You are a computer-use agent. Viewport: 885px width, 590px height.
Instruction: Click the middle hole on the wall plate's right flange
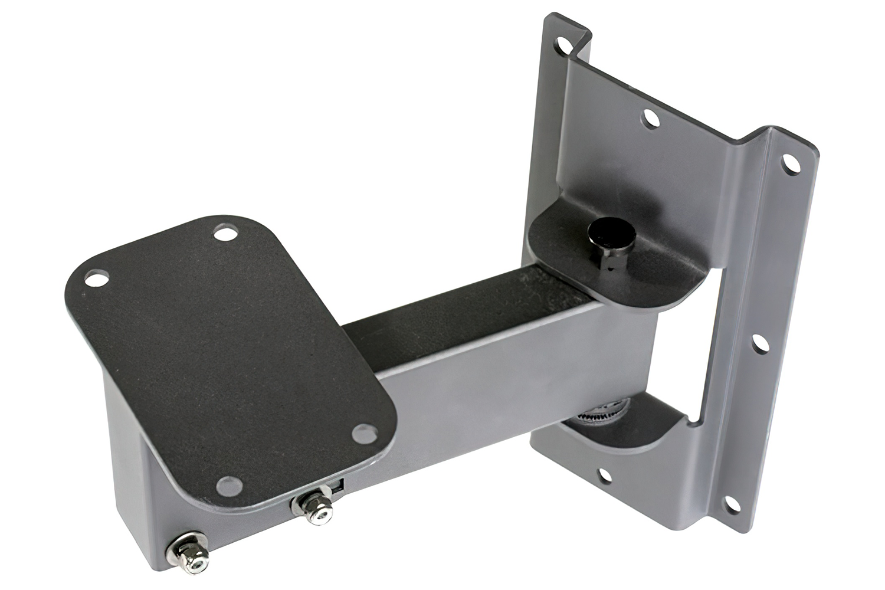coord(759,342)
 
